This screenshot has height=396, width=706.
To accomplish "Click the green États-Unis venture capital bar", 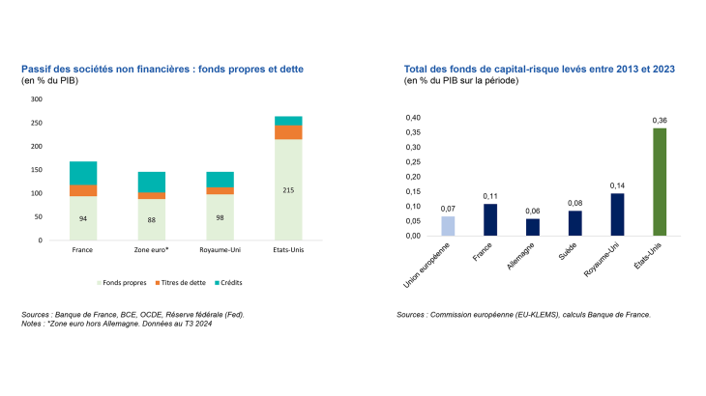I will point(660,182).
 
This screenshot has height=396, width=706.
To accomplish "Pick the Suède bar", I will point(574,223).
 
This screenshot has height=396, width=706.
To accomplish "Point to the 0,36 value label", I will point(660,120).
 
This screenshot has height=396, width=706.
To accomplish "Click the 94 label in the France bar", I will point(82,218).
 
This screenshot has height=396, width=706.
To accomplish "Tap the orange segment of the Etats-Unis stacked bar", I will point(288,131).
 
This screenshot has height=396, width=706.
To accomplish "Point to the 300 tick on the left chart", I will point(37,99).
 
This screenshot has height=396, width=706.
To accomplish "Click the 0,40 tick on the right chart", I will point(413,118).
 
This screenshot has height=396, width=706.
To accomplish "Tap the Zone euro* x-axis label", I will point(152,250).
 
